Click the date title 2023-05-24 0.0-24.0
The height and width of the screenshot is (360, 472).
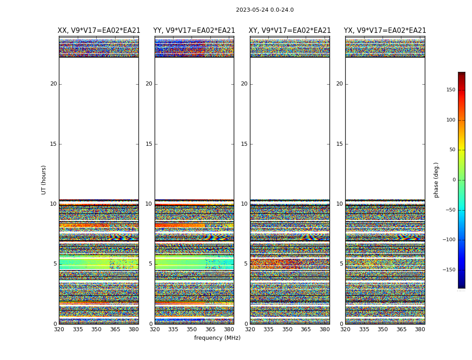265,10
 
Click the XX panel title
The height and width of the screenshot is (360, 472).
99,31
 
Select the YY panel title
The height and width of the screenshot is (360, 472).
194,31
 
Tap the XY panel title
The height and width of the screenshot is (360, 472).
289,31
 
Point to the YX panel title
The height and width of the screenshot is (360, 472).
385,31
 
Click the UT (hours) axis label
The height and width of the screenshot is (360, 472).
44,180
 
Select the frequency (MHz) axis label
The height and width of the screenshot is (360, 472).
217,338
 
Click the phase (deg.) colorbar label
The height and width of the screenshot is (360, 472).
436,180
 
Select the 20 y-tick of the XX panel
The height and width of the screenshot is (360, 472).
53,84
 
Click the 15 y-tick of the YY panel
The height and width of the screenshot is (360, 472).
149,144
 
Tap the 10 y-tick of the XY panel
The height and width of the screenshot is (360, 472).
244,204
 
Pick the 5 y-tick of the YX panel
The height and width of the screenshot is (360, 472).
341,264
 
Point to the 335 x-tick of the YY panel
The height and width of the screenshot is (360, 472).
173,329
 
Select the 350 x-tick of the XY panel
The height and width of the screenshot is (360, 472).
287,329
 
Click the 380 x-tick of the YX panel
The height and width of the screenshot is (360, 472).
420,329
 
